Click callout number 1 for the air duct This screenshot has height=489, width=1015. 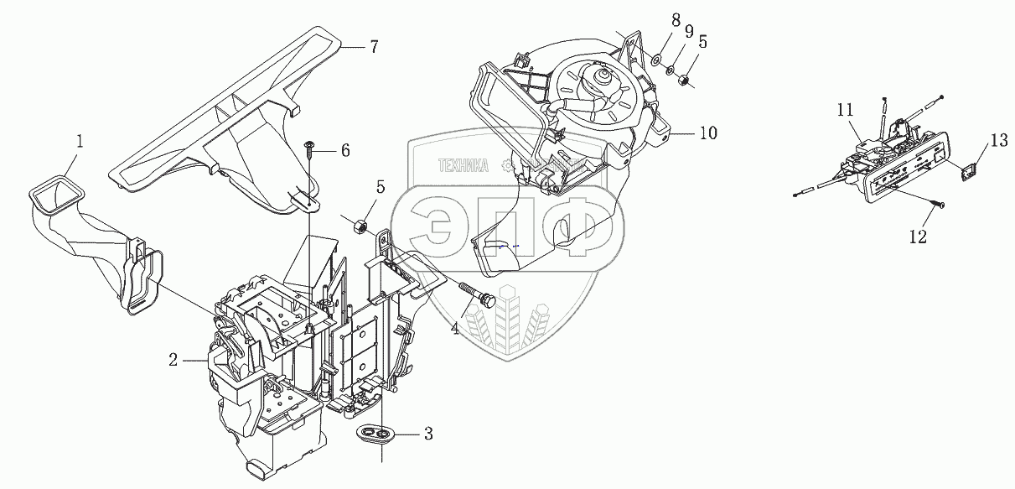pyautogui.click(x=80, y=142)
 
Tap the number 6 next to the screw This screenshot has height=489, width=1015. pyautogui.click(x=344, y=150)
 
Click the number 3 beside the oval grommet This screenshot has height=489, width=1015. pyautogui.click(x=427, y=434)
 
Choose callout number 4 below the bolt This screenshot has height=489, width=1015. pyautogui.click(x=455, y=330)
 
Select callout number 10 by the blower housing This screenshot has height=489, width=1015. pyautogui.click(x=708, y=133)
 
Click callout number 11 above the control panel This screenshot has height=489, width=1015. pyautogui.click(x=844, y=109)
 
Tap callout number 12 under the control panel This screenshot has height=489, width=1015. pyautogui.click(x=918, y=237)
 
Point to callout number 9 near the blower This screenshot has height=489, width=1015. pyautogui.click(x=688, y=31)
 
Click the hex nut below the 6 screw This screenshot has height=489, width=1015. pyautogui.click(x=362, y=225)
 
